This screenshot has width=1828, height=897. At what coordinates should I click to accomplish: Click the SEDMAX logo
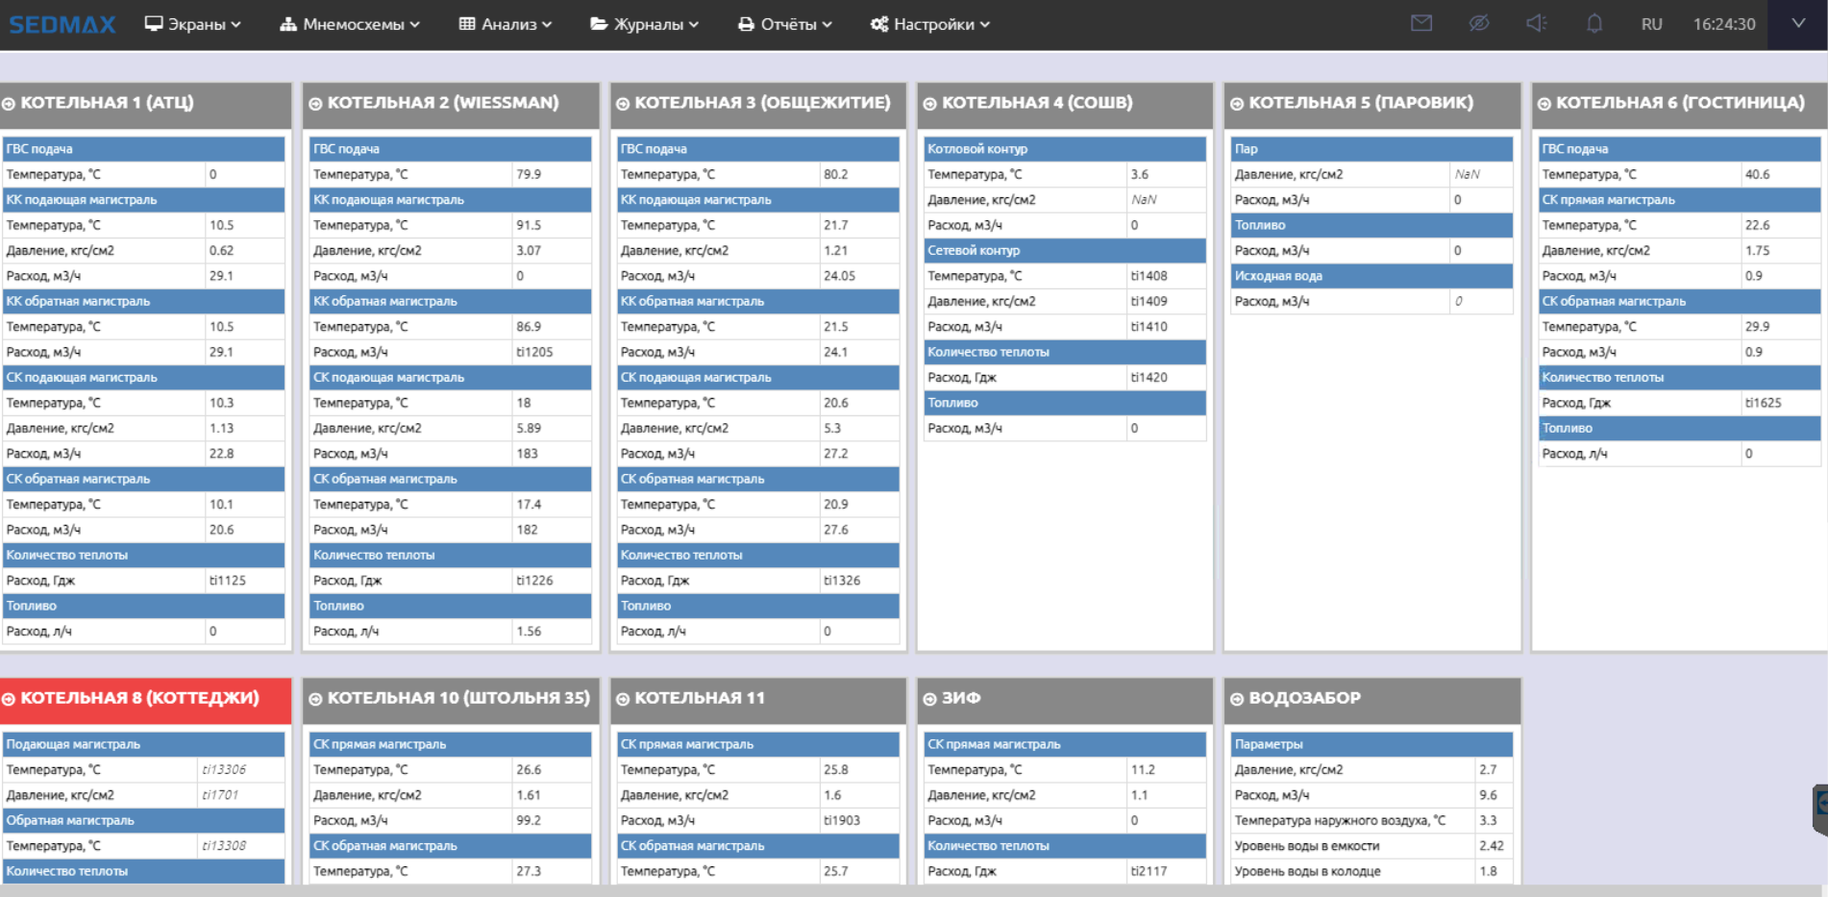pos(62,24)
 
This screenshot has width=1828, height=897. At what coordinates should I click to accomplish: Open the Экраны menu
pos(192,24)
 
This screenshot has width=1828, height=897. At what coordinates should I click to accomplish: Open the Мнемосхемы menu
pos(350,24)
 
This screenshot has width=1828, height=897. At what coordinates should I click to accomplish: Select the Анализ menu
pos(506,24)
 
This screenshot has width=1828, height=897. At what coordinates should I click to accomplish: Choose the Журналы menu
pos(644,24)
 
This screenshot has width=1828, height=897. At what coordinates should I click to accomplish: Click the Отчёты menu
pos(785,24)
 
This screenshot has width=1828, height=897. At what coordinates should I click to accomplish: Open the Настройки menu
pos(929,24)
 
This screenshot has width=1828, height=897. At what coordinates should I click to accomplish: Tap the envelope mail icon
pos(1421,23)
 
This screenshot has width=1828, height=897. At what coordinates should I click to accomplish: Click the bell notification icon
pos(1593,23)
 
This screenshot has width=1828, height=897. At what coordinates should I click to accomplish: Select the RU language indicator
pos(1651,24)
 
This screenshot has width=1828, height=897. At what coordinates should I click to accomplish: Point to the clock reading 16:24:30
pos(1724,24)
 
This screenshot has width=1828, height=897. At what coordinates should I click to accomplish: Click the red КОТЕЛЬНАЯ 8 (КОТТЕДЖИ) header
pos(145,700)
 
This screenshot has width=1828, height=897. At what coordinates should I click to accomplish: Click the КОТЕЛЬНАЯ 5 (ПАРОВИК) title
pos(1361,103)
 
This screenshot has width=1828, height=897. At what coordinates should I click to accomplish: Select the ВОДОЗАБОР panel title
pos(1304,698)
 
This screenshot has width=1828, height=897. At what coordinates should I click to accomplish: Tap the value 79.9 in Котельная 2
pos(529,174)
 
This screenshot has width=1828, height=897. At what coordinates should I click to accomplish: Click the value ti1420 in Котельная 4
pos(1149,377)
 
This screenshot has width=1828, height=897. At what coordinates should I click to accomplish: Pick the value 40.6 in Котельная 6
pos(1757,174)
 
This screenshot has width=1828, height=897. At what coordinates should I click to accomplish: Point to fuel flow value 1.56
pos(529,631)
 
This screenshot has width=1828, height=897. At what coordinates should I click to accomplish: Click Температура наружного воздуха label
pos(1340,820)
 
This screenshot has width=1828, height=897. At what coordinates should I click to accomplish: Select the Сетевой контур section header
pos(974,250)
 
